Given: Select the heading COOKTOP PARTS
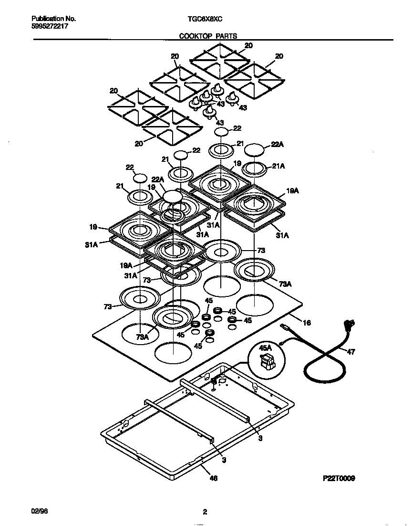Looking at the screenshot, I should [208, 36].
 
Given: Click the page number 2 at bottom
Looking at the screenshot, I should [205, 513].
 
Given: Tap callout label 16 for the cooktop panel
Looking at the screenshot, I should [307, 323].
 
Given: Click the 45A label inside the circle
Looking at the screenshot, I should [265, 348].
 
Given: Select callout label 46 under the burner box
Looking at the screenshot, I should [214, 478].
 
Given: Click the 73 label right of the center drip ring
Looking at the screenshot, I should [261, 251].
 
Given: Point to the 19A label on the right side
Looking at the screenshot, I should [292, 190].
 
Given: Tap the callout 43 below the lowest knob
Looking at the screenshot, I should [220, 123].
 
